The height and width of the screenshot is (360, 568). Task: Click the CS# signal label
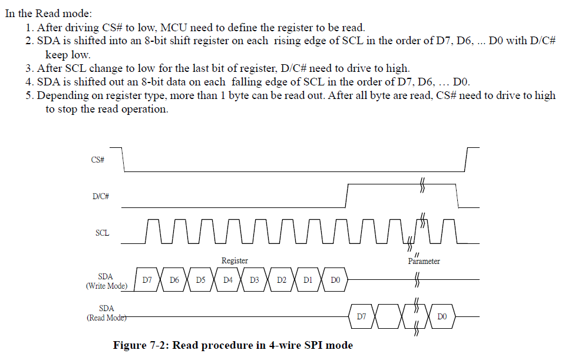coord(98,160)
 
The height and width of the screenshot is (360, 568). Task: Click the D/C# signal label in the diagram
coord(101,196)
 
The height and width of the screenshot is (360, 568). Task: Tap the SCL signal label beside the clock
coord(102,233)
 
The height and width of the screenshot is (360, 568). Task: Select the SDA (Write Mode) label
coord(107,281)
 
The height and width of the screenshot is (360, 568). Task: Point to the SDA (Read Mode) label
coord(107,313)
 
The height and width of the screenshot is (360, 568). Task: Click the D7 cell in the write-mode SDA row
coord(147,280)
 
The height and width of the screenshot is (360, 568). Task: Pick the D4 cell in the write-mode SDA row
coord(227,280)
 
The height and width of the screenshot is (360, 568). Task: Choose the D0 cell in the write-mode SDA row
coord(335,280)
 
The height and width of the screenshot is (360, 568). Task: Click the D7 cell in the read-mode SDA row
coord(362,317)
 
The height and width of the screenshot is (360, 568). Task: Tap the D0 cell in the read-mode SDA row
coord(442,317)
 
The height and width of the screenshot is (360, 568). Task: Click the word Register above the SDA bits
coord(235,260)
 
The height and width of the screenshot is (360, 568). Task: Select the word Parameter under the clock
coord(424,261)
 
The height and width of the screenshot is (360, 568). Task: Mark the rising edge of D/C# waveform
coord(346,196)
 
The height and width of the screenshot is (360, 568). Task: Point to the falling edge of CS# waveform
coord(124,160)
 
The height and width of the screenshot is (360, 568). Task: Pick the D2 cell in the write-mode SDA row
coord(281,280)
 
